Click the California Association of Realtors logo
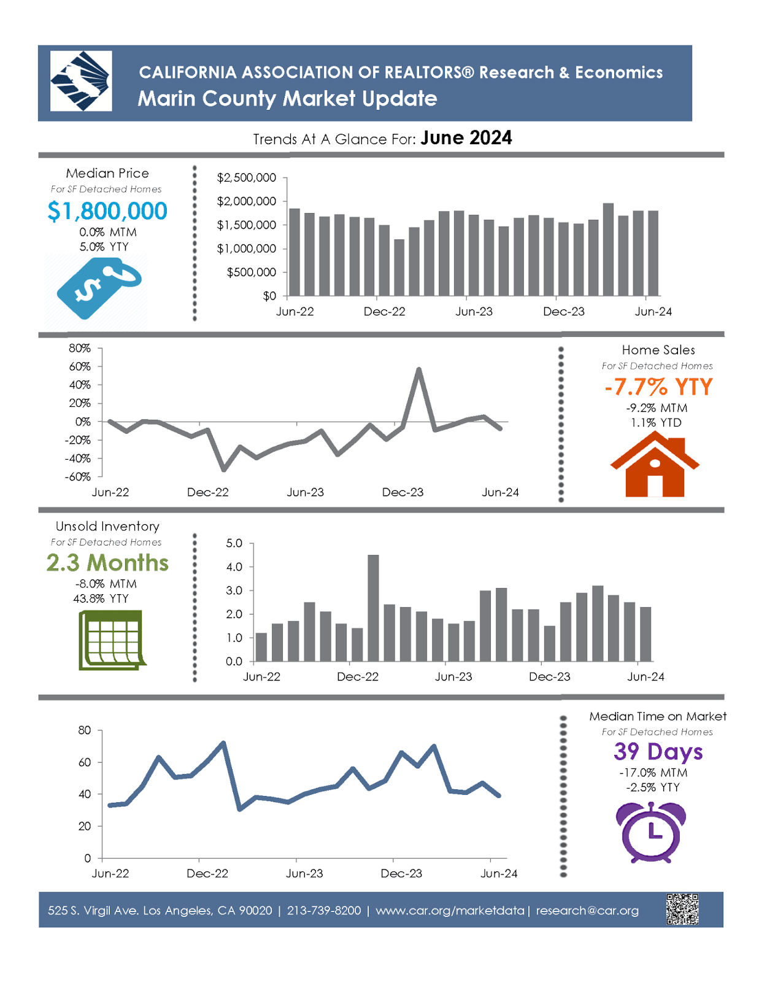click(x=81, y=81)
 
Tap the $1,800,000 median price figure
click(x=107, y=211)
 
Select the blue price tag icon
click(x=99, y=288)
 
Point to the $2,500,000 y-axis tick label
click(x=246, y=178)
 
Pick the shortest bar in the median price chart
click(x=399, y=268)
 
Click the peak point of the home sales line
click(x=418, y=369)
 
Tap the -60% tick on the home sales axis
click(x=78, y=477)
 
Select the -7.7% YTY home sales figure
click(x=658, y=387)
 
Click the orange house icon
click(x=655, y=465)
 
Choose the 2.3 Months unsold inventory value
click(x=107, y=563)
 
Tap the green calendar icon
click(x=112, y=640)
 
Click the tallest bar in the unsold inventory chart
click(x=373, y=608)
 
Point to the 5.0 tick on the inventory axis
click(x=234, y=543)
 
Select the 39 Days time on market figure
click(x=658, y=752)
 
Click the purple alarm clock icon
click(x=651, y=832)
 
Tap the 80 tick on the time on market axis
click(x=85, y=730)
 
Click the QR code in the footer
click(x=682, y=909)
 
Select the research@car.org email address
click(x=587, y=911)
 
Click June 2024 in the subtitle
click(x=466, y=138)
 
